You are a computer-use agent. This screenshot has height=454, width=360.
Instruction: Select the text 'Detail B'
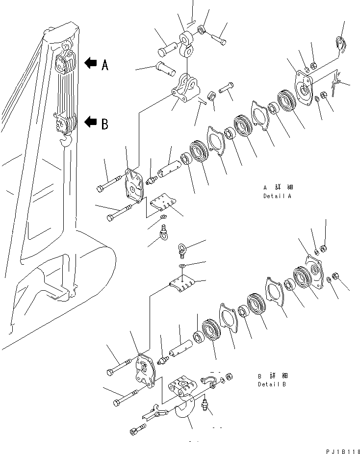click(272, 384)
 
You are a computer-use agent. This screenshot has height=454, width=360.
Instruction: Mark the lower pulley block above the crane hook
click(64, 125)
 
